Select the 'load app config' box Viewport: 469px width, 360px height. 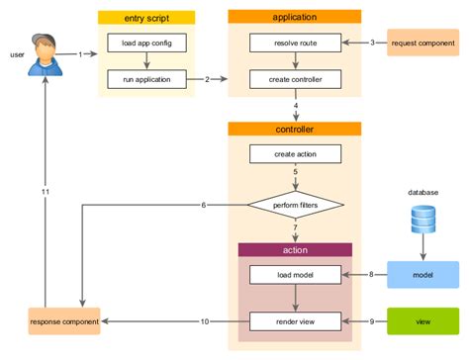146,43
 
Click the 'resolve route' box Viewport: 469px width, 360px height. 294,43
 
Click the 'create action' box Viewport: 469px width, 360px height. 294,154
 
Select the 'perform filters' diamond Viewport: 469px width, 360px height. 294,205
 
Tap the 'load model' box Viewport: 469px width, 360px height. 294,273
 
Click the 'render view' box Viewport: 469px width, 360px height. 294,320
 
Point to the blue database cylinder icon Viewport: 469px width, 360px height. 422,218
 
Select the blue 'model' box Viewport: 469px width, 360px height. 422,273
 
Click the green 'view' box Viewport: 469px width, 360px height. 422,320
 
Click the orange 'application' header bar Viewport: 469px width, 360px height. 294,17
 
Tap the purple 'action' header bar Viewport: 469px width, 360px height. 294,249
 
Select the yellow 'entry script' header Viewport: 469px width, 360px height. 146,17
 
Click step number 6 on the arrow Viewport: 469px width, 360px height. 203,205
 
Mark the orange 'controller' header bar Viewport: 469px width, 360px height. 294,129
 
